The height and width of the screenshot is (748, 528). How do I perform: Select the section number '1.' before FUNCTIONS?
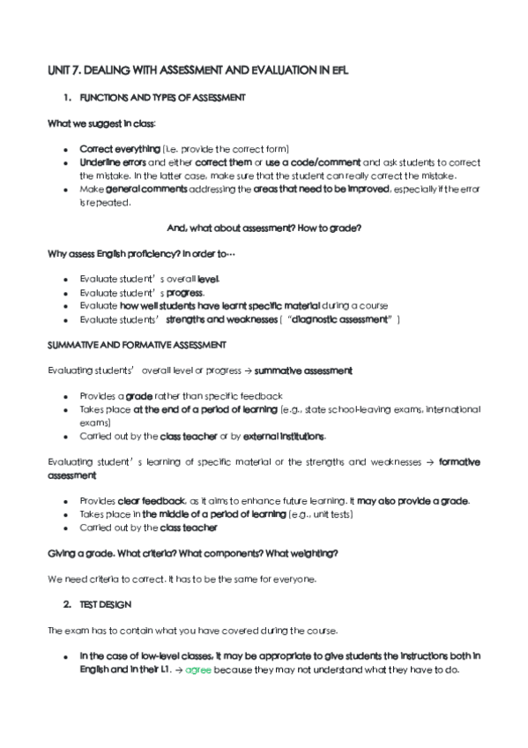click(x=66, y=96)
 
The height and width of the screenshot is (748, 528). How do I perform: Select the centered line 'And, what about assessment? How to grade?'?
click(x=264, y=228)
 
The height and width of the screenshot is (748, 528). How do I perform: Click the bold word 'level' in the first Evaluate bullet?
click(x=209, y=280)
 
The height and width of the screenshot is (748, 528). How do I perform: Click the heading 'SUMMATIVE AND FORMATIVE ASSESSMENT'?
click(x=137, y=345)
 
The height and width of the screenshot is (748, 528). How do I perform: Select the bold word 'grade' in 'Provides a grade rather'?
click(x=139, y=396)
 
